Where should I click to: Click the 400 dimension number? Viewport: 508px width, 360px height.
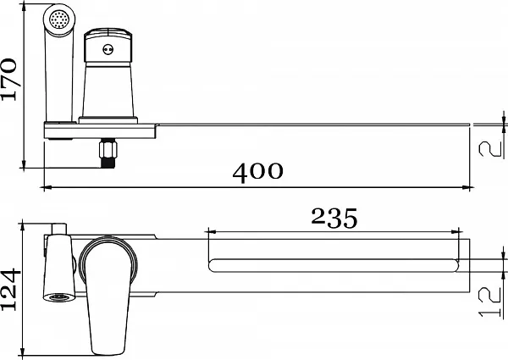tap(257, 173)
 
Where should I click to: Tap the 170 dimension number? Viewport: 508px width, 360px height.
tap(9, 80)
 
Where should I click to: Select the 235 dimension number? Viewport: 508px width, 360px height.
tap(334, 218)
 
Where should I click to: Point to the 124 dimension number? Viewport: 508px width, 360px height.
tap(9, 289)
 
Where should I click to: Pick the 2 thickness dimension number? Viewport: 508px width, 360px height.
tap(491, 149)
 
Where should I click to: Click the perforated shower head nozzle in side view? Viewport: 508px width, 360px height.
tap(59, 19)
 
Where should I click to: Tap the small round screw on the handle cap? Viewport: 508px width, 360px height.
tap(108, 50)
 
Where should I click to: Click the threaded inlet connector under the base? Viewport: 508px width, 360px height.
tap(108, 153)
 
